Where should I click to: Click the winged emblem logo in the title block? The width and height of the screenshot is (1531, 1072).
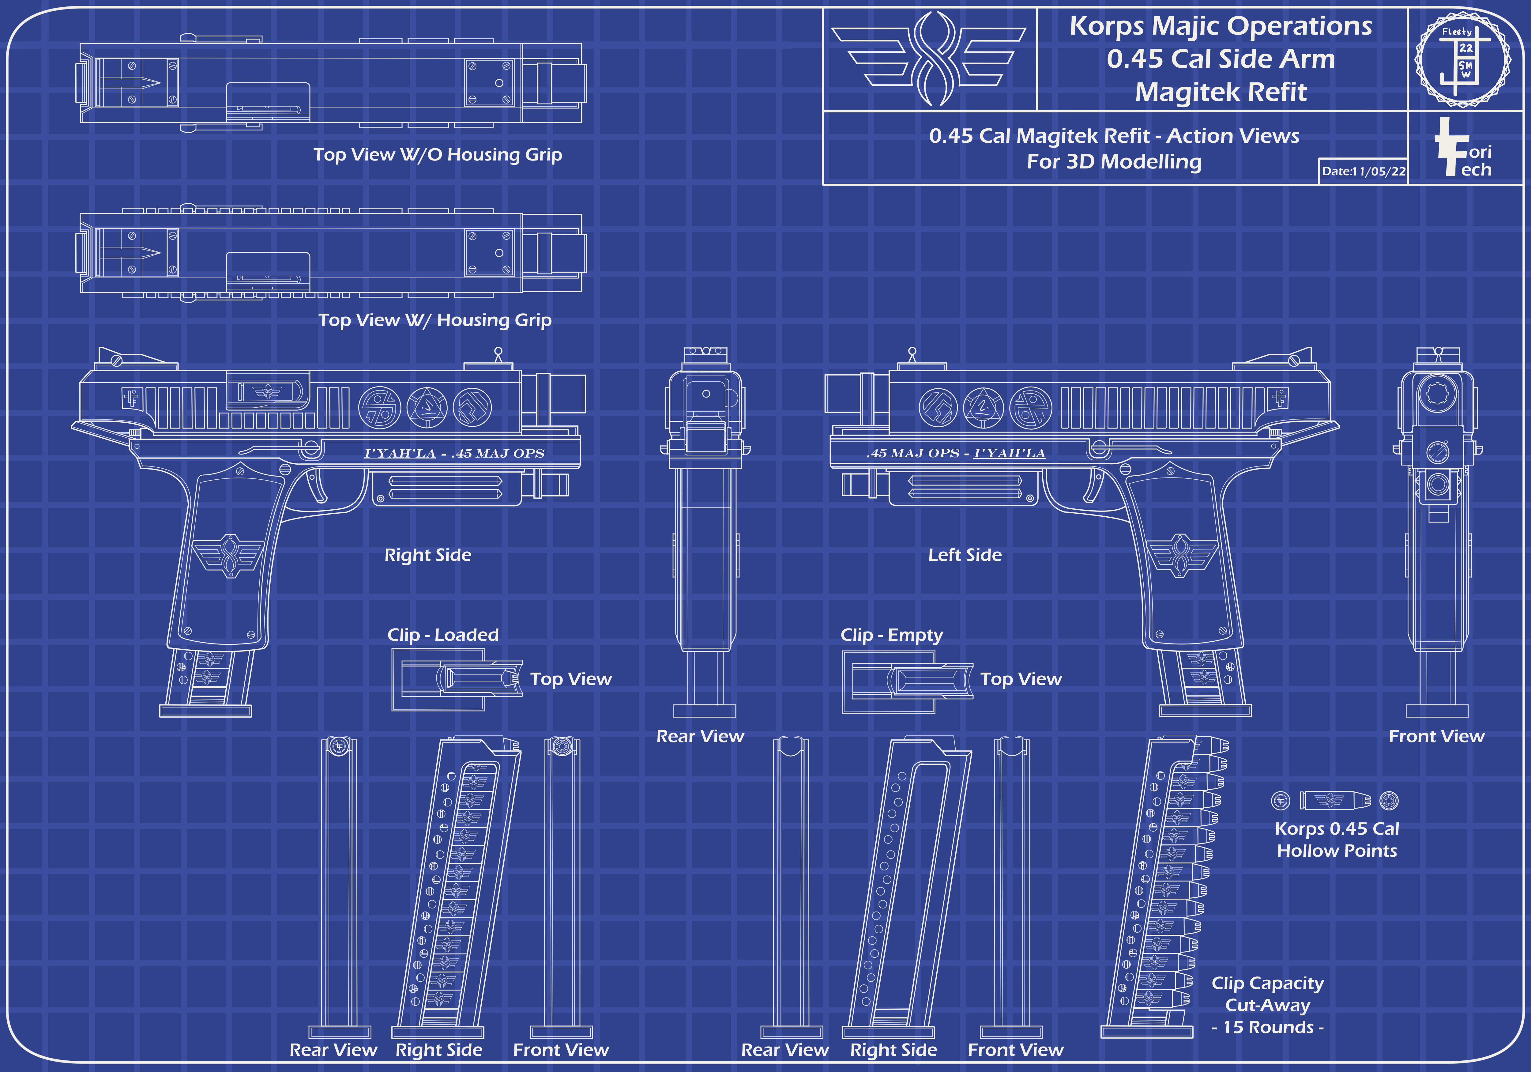(929, 59)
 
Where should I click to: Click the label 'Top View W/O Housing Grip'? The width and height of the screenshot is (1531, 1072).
(438, 155)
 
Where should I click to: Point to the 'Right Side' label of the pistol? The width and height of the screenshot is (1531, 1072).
(427, 555)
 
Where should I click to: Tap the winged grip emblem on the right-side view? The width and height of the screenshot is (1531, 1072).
(228, 555)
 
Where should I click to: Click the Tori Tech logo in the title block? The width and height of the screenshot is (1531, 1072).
(1462, 148)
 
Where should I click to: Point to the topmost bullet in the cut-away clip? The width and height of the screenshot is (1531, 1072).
(1210, 745)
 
